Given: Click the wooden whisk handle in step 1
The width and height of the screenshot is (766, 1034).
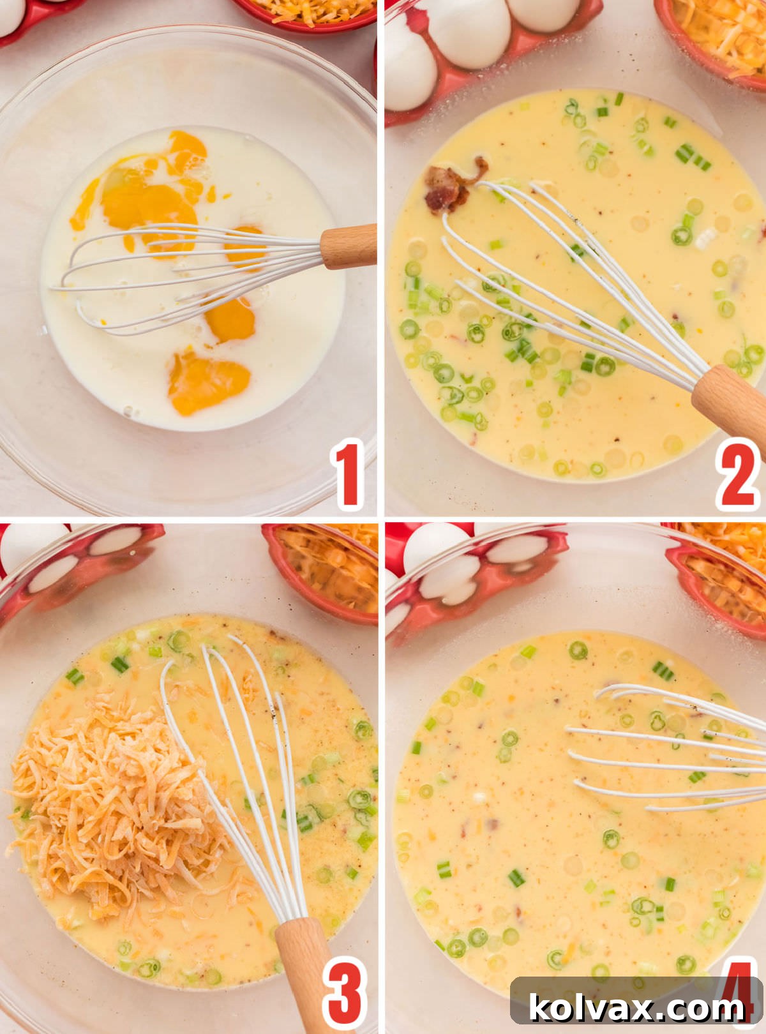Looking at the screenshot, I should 348,246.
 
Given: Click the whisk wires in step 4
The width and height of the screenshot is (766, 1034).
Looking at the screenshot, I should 670,747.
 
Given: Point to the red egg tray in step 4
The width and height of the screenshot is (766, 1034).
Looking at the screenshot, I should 479,574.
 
